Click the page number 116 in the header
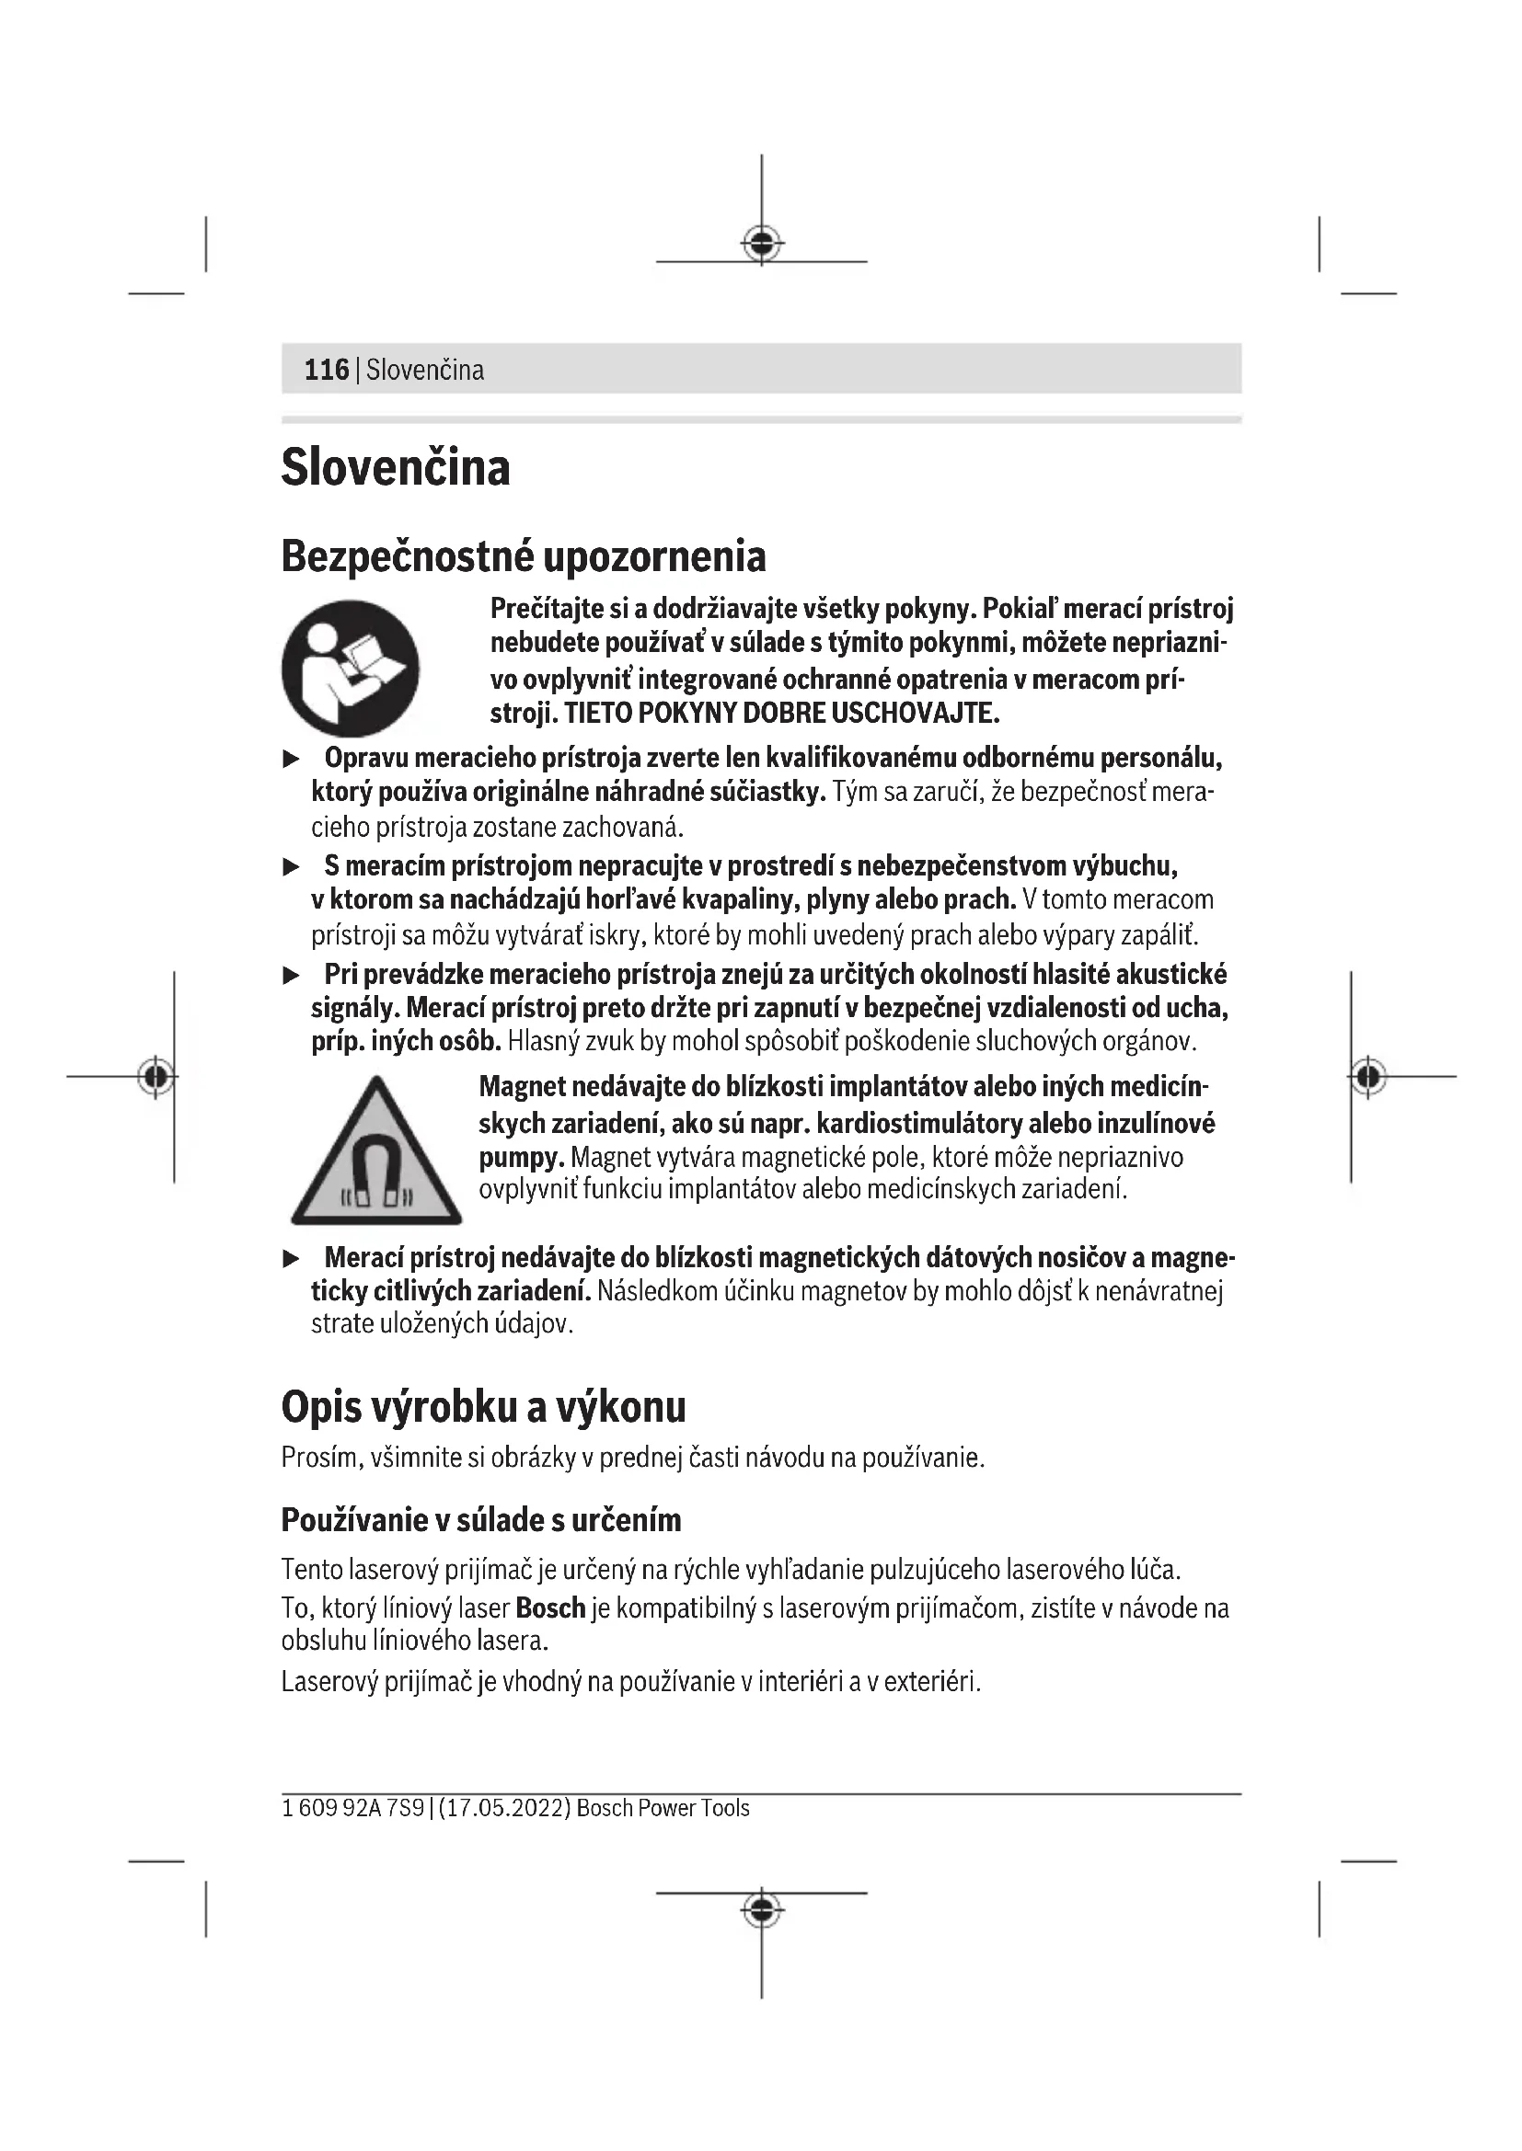pos(326,370)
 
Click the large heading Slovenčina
pos(396,467)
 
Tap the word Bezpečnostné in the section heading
pos(408,556)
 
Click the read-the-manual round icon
pos(351,668)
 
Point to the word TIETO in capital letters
pos(598,714)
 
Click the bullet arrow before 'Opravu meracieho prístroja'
pos(292,759)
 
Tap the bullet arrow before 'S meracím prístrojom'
pos(292,867)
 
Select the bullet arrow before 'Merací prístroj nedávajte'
pos(292,1259)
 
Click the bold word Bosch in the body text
pos(550,1608)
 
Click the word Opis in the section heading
pos(320,1407)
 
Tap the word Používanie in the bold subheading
pos(352,1519)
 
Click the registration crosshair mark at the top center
pos(762,245)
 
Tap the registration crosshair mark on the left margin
pos(156,1077)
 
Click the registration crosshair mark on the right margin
pos(1368,1077)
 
